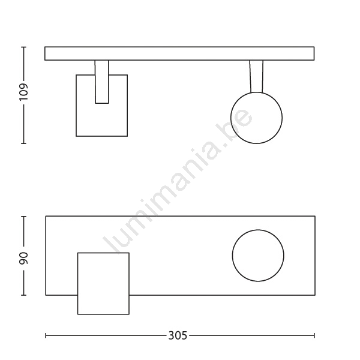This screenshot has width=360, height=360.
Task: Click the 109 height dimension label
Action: [x=23, y=92]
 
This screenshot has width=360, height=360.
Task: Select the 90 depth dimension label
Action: [x=23, y=258]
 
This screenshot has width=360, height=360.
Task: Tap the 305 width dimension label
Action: [x=178, y=335]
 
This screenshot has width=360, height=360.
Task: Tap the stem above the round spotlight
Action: [x=256, y=76]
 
